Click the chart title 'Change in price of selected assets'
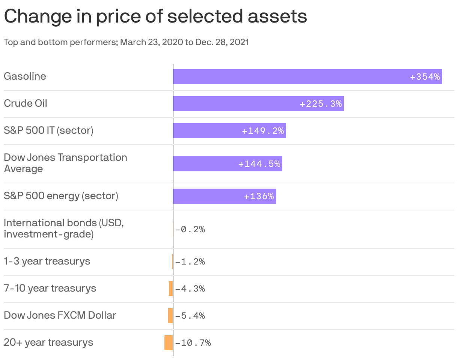click(x=155, y=17)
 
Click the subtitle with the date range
click(x=126, y=42)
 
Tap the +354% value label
click(x=425, y=77)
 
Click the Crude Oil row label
click(x=26, y=103)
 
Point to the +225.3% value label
click(x=321, y=104)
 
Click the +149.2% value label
click(x=263, y=131)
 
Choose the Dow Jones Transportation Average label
click(x=65, y=163)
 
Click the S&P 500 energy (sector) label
click(x=61, y=196)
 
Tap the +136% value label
click(x=259, y=197)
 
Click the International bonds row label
click(x=64, y=228)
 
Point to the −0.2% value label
click(x=190, y=230)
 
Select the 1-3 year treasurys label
click(x=47, y=261)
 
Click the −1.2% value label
click(x=190, y=262)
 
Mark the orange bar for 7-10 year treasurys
click(x=171, y=289)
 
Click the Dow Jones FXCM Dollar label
click(x=60, y=315)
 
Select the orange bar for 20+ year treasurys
click(x=169, y=343)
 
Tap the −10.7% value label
click(x=193, y=343)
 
